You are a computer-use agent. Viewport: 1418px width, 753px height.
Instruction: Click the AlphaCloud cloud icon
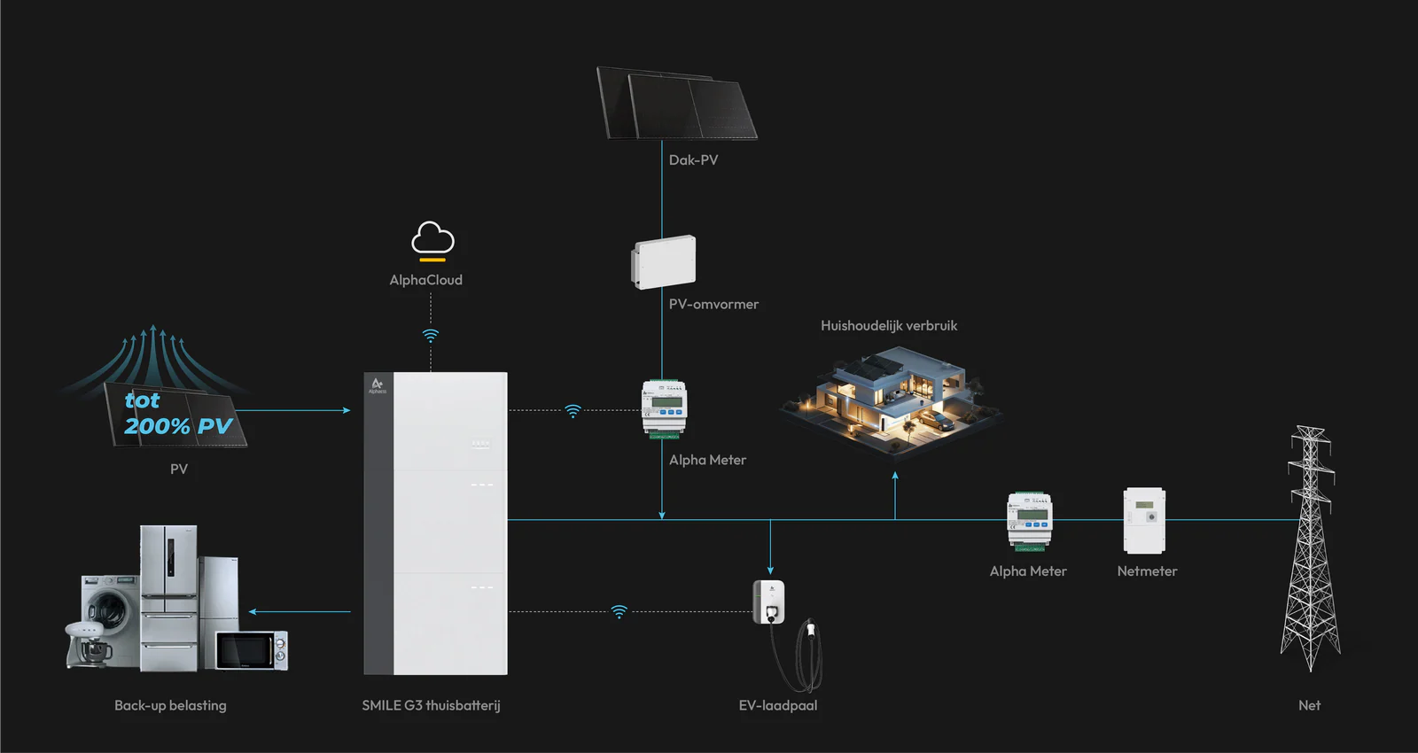tap(432, 239)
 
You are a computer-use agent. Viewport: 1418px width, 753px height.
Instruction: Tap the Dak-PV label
tap(693, 160)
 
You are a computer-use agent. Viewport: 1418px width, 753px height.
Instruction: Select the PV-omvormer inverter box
tap(664, 262)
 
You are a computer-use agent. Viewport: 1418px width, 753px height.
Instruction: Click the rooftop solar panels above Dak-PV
tap(677, 105)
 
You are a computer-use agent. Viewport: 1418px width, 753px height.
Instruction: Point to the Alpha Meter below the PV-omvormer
tap(664, 408)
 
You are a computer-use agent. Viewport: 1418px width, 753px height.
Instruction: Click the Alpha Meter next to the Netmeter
tap(1029, 521)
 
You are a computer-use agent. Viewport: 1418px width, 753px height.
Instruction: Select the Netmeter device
tap(1144, 521)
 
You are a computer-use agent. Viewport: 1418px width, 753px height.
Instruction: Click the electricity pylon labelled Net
tap(1310, 549)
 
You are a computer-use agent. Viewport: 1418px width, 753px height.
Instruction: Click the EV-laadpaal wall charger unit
tap(768, 602)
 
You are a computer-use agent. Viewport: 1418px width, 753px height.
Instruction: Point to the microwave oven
tap(253, 650)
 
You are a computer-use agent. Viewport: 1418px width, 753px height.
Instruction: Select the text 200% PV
tap(178, 426)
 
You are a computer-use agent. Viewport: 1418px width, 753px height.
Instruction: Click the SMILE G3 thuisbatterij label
tap(431, 706)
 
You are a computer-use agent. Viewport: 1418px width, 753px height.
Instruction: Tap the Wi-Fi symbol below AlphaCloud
tap(431, 336)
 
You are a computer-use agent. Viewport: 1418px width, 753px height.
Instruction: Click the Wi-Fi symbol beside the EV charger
tap(619, 611)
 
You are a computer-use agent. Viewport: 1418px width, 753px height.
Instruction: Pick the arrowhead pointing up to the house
tap(895, 477)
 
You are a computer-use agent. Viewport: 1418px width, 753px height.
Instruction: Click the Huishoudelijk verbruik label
tap(889, 326)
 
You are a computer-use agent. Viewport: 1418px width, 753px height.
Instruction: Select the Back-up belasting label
tap(170, 706)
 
